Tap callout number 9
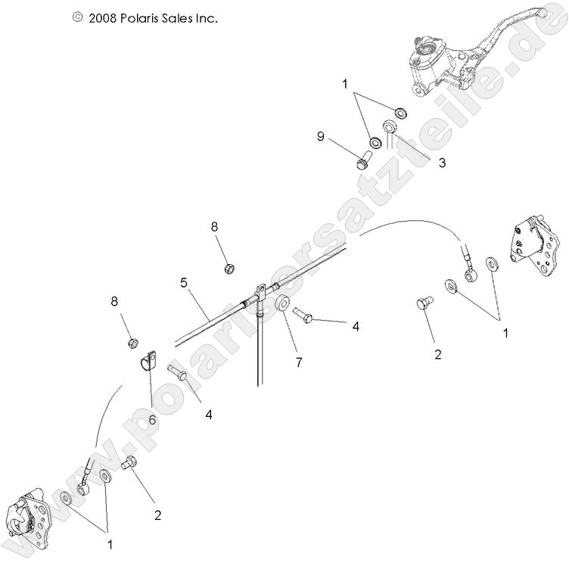321,137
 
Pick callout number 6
152,419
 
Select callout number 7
299,362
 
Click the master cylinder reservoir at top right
425,54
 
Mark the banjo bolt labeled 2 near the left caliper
129,463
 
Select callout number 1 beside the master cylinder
345,84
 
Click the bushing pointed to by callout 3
391,127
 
